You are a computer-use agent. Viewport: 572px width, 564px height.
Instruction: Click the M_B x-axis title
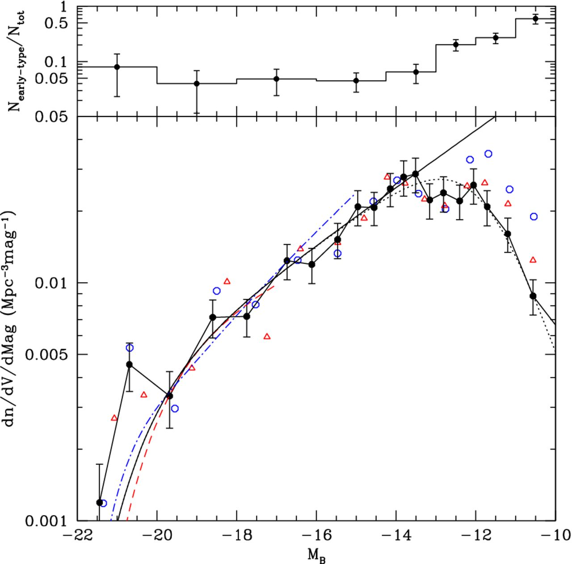316,555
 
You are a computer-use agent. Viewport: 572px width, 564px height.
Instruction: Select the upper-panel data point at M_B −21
117,67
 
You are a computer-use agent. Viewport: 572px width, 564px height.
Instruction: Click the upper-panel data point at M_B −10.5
535,18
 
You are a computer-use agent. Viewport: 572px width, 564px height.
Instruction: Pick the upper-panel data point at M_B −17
276,79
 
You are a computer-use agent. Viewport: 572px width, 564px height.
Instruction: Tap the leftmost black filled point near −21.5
100,502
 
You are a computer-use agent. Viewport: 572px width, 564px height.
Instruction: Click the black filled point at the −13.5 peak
416,174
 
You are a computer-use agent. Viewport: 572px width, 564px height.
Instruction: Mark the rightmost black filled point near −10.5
533,296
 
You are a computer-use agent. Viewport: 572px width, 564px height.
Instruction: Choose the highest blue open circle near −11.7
488,154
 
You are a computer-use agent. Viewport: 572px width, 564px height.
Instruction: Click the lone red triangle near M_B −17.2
267,336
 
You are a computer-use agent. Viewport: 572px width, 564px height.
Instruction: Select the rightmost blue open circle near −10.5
534,217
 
